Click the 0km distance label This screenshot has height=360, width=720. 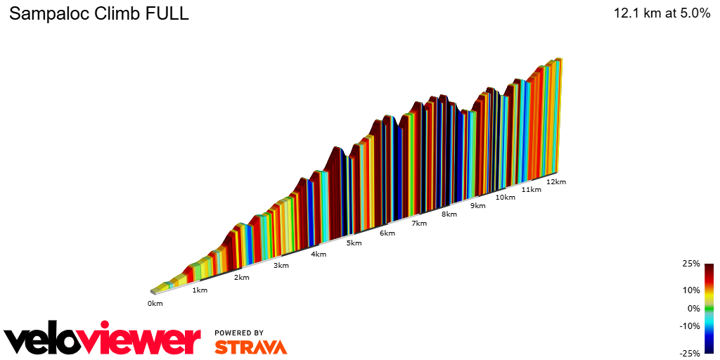(155, 304)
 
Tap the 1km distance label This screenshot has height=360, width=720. (200, 290)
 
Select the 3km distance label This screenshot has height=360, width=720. (281, 265)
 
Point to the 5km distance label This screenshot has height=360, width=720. (354, 243)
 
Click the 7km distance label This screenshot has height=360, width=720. (419, 224)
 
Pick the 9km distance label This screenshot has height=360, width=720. (478, 206)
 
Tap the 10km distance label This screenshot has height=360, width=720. (505, 198)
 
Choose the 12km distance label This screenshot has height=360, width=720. (555, 182)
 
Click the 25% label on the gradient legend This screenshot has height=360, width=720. (692, 264)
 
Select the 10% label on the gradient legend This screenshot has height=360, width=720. (692, 290)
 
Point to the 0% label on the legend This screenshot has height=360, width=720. (693, 308)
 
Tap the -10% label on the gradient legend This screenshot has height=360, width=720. (690, 326)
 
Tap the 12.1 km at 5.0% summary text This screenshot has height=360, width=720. (662, 13)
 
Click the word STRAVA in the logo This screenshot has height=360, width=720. (250, 347)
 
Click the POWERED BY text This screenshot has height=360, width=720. (239, 333)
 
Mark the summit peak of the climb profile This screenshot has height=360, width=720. (559, 59)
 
